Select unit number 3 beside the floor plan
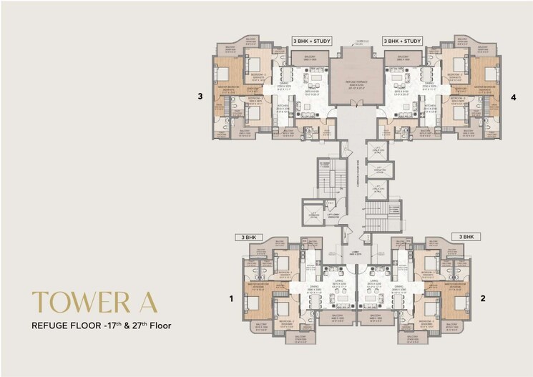point(201,95)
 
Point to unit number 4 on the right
point(513,95)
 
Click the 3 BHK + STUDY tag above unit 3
point(309,41)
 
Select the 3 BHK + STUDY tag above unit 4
point(402,41)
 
